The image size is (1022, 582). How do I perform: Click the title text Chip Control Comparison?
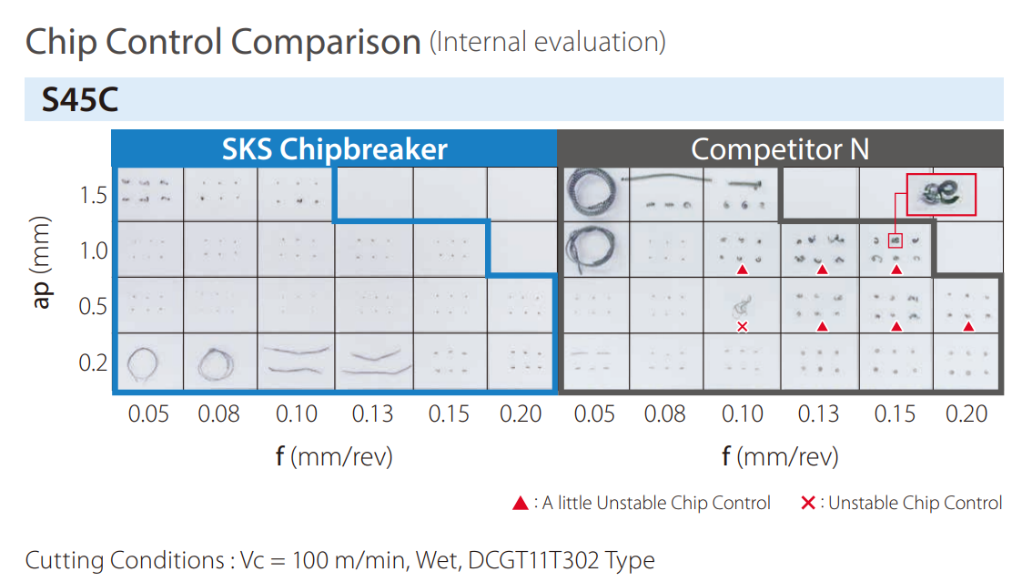(x=223, y=42)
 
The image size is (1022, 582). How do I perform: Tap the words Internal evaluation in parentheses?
(x=548, y=42)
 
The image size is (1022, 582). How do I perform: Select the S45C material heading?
(x=80, y=100)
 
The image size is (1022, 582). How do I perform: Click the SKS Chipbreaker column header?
(x=334, y=148)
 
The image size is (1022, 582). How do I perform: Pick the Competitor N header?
(x=780, y=148)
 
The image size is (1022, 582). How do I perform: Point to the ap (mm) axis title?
(x=42, y=264)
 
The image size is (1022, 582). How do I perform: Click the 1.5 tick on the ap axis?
(x=93, y=196)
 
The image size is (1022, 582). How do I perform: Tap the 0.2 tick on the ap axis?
(x=93, y=363)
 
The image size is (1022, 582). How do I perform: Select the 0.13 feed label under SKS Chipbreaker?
(x=373, y=414)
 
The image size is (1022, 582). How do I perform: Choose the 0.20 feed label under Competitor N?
(x=966, y=414)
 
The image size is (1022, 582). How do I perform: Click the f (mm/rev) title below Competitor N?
(x=780, y=456)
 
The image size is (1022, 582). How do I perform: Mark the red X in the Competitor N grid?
(x=743, y=326)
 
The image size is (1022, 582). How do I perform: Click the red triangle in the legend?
(x=521, y=503)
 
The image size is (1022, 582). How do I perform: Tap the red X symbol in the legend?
(x=807, y=503)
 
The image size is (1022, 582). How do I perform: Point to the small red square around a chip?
(x=895, y=240)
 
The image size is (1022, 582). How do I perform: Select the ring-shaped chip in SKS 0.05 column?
(x=141, y=362)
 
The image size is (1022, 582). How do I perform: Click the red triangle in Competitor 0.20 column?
(x=968, y=326)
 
